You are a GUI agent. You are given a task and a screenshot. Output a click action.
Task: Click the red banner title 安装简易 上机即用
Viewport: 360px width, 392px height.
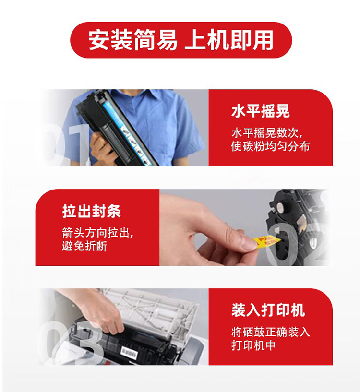point(180,40)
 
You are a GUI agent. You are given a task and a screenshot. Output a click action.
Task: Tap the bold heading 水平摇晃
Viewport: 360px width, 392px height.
point(261,111)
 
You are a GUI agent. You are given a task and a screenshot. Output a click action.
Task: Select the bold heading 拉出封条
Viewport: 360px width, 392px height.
point(92,211)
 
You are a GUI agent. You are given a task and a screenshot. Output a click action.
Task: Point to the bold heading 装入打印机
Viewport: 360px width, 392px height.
point(268,310)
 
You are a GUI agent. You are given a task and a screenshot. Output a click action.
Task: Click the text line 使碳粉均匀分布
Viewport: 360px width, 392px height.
point(270,146)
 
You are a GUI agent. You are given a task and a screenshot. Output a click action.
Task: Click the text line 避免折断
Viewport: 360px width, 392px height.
point(84,246)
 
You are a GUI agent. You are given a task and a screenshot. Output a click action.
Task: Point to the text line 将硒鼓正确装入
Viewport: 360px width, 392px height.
point(270,332)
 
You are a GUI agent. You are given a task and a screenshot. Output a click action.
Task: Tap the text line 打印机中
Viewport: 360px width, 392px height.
point(253,345)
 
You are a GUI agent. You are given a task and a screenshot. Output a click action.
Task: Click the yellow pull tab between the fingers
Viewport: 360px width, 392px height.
point(266,240)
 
